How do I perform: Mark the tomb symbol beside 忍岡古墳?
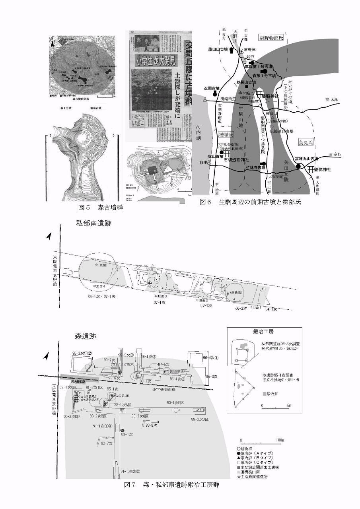(x=216, y=94)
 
